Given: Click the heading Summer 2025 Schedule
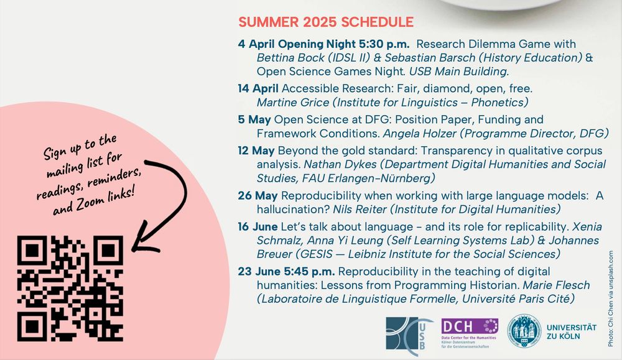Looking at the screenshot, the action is click(326, 22).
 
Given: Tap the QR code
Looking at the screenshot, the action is click(70, 288).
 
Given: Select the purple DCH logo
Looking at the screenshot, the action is click(469, 333).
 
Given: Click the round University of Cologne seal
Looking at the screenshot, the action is click(524, 331).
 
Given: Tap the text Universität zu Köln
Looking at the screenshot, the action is click(571, 332).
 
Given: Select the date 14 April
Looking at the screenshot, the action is click(258, 88).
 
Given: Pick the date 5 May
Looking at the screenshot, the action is click(254, 120).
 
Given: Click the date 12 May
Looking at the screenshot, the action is click(256, 150).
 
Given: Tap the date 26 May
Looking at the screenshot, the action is click(258, 195).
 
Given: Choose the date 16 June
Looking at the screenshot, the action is click(258, 227).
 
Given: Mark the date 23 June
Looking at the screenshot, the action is click(259, 272).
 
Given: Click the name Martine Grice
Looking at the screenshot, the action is click(293, 103).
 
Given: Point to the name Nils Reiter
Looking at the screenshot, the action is click(360, 210).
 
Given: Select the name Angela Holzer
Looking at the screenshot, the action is click(420, 134).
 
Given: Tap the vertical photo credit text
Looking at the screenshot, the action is click(611, 298).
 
